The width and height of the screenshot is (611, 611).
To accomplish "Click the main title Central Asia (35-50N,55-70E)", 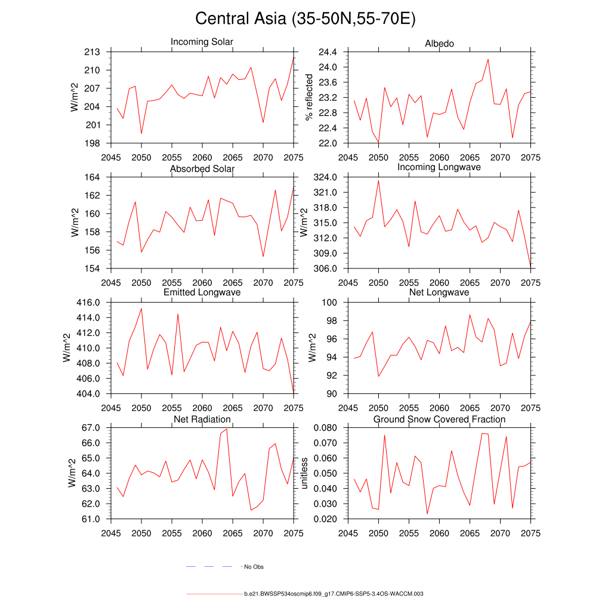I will pos(305,18).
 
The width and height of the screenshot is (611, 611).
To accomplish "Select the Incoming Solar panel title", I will pos(202,42).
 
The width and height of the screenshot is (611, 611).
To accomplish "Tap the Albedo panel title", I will pos(439,44).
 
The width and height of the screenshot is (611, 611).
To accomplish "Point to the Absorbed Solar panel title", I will pos(202,169).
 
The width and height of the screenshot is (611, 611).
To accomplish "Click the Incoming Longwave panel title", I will pos(439,167).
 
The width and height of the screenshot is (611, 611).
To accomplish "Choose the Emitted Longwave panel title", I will pos(202,292).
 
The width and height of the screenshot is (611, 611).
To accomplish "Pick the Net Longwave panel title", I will pos(439,292).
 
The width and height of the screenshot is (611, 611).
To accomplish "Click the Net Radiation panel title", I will pos(202,419).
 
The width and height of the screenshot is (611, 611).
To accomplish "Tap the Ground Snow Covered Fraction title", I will pos(439,419).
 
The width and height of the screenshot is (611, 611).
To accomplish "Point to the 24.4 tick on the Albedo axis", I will pos(329,52).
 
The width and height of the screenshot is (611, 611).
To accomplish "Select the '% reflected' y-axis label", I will pos(309,97).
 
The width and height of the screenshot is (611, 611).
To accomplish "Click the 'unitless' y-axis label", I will pos(304,473).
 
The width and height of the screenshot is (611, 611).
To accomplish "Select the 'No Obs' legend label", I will pos(254,566).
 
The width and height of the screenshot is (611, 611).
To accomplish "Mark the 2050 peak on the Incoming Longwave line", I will pos(378,180).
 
